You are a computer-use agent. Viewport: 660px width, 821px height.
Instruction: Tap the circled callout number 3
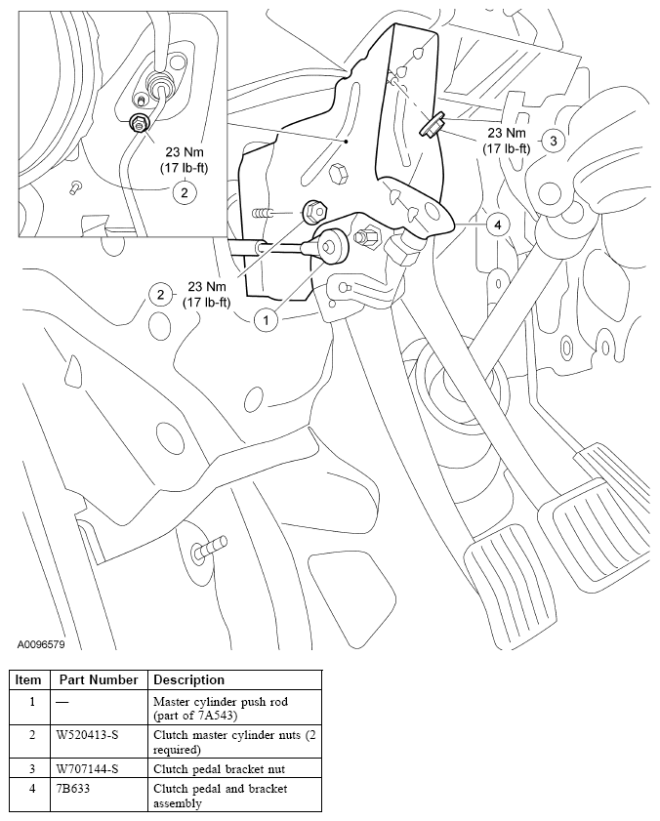click(553, 141)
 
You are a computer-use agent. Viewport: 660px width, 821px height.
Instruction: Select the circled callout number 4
click(498, 226)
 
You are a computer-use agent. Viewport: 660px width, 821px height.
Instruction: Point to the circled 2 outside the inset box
click(158, 293)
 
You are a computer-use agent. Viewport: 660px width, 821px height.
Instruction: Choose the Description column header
click(188, 679)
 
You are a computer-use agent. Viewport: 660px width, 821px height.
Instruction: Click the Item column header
click(28, 679)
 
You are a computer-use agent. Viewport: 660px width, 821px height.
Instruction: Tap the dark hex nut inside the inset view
click(139, 122)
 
